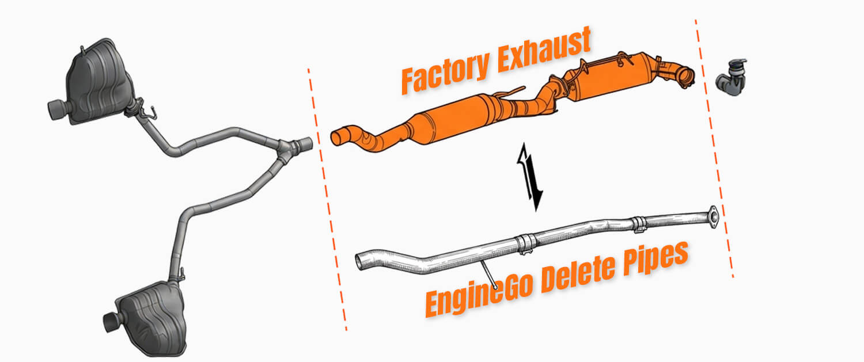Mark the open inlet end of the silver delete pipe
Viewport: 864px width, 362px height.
tap(361, 260)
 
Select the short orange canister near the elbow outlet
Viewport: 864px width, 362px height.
tap(611, 81)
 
